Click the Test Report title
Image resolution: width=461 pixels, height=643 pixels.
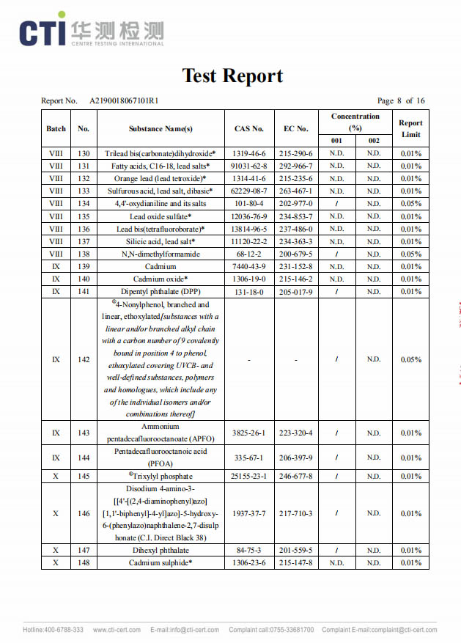[x=232, y=76]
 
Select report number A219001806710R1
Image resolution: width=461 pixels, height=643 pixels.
[x=124, y=100]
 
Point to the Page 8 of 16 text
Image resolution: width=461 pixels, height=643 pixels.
[x=401, y=100]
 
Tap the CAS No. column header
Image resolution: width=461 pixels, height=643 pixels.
[x=249, y=128]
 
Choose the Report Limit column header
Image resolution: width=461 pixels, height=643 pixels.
[x=410, y=128]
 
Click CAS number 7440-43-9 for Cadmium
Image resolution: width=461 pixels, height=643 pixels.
[x=249, y=266]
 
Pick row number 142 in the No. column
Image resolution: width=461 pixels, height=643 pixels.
[x=84, y=359]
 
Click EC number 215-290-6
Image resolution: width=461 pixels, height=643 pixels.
[x=296, y=153]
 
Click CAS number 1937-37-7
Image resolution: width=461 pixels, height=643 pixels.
[x=249, y=513]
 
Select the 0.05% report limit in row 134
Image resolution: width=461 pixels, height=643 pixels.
[x=410, y=203]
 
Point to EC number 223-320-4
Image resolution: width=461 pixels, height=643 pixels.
[x=296, y=433]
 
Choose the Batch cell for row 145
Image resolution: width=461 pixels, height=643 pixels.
[x=56, y=476]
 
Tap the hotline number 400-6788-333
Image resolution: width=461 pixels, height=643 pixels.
[x=53, y=630]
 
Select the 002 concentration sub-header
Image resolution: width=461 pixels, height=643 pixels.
[x=374, y=141]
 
